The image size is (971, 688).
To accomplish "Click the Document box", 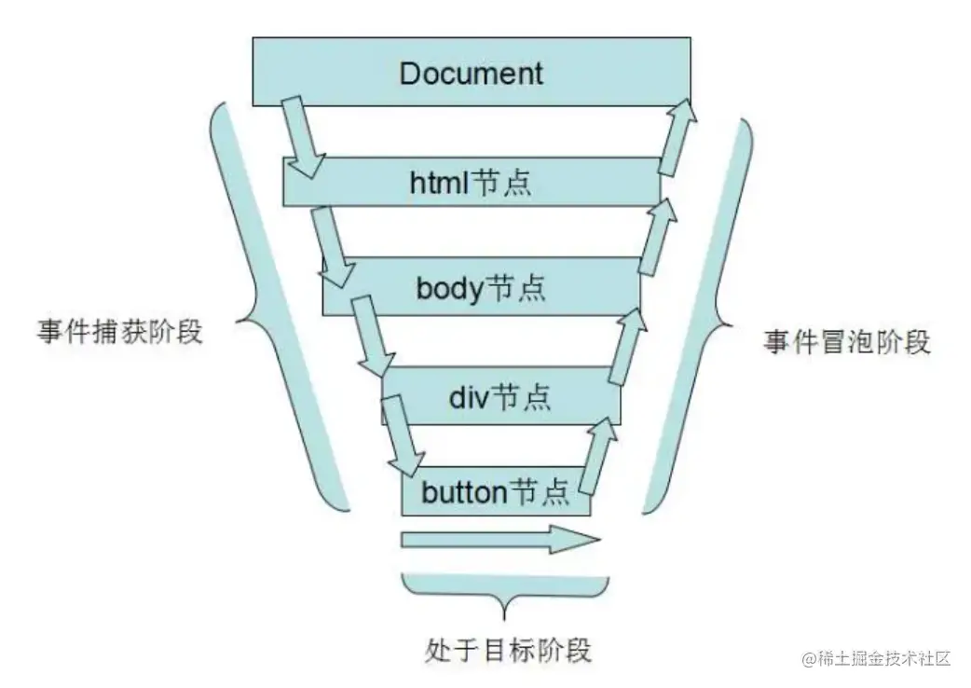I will (x=471, y=71).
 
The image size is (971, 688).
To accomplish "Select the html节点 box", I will (x=471, y=181).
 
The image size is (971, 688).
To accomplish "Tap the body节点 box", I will (x=480, y=287).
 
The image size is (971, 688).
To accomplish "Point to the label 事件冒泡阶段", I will (x=846, y=342).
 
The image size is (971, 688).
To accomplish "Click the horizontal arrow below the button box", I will (x=500, y=540).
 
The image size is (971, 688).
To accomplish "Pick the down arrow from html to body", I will (x=332, y=246).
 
